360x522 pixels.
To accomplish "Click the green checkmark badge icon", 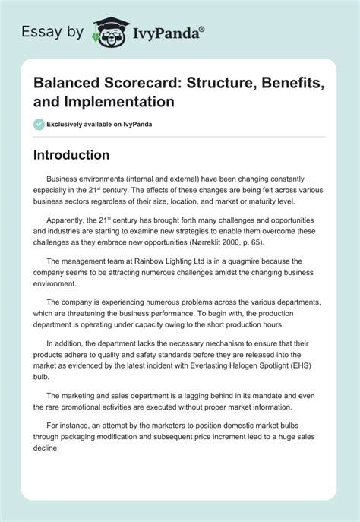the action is [x=39, y=124].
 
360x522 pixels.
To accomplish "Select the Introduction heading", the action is [x=71, y=154].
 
